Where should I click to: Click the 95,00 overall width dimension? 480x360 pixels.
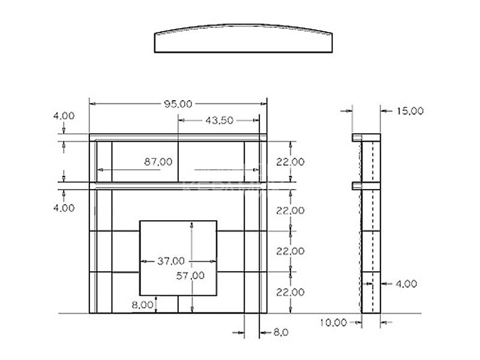tap(178, 104)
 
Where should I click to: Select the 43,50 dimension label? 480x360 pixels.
tap(219, 121)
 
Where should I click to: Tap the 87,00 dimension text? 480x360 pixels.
tap(158, 161)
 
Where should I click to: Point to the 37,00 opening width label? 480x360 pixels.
tap(171, 261)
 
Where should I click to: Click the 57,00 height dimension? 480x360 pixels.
tap(190, 276)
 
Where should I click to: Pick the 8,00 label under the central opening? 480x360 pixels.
tap(142, 305)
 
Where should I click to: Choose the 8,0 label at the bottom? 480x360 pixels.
tap(281, 332)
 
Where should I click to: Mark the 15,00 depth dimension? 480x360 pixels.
tap(410, 111)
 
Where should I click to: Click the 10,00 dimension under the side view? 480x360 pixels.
tap(334, 322)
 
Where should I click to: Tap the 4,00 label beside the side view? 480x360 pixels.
tap(406, 284)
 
